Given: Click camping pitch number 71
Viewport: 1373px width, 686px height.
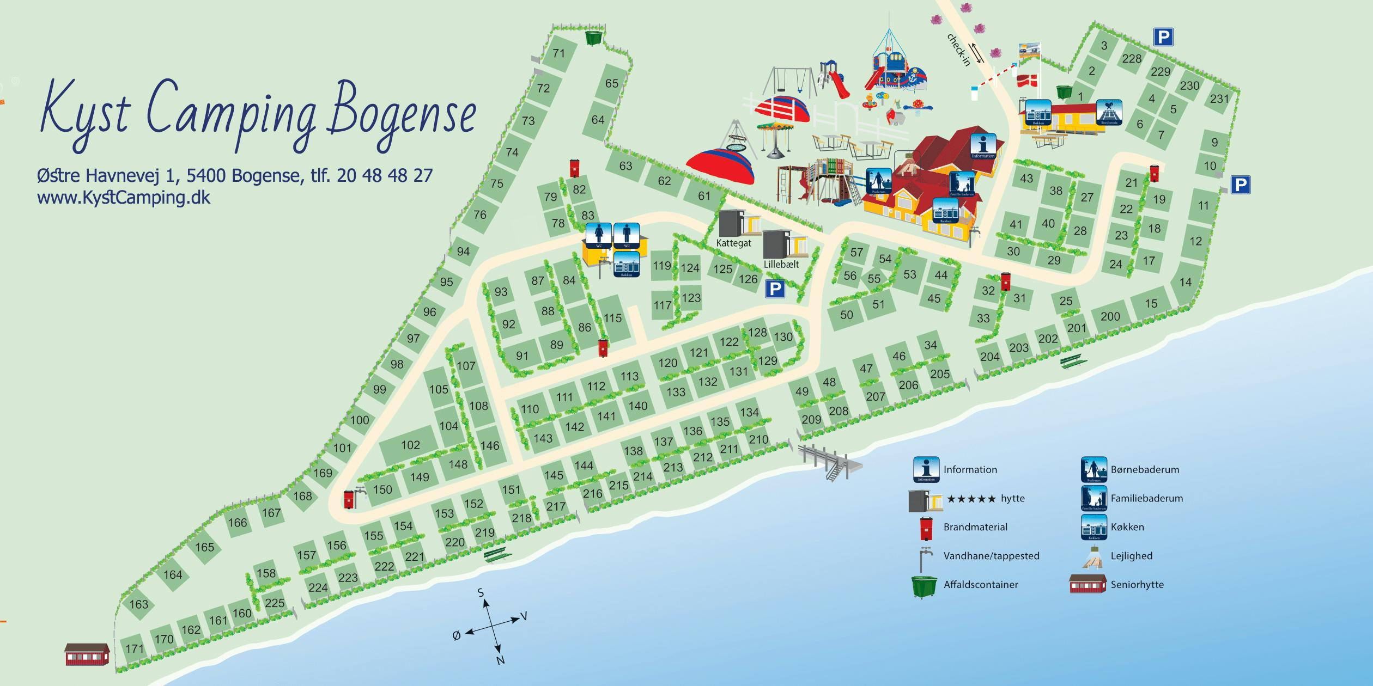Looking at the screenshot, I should (x=558, y=53).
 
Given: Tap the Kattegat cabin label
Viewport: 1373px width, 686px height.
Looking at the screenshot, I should (x=733, y=243).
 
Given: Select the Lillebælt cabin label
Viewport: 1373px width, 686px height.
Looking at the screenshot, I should (x=781, y=265).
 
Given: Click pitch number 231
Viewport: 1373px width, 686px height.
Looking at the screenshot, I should (x=1219, y=99).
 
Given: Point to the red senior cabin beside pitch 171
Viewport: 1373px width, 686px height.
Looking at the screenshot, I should (x=87, y=654).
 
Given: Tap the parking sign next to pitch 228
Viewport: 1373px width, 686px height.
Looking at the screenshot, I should (x=1163, y=37).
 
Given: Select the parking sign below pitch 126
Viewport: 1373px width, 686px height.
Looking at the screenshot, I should (x=775, y=289).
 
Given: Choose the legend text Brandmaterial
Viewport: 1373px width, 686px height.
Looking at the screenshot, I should (x=975, y=527).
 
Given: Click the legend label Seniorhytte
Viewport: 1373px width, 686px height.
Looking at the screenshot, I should (x=1137, y=585).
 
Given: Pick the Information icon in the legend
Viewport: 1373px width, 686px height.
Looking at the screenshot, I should (x=926, y=469).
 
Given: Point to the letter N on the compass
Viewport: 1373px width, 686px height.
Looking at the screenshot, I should (x=500, y=660).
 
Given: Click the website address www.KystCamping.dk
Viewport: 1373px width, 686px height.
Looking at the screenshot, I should (x=124, y=197).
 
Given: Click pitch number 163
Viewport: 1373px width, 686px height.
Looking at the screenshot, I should (x=138, y=604).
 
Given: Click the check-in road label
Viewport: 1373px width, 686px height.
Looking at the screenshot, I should (x=958, y=50).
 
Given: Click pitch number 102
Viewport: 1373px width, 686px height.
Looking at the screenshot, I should (x=410, y=445).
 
